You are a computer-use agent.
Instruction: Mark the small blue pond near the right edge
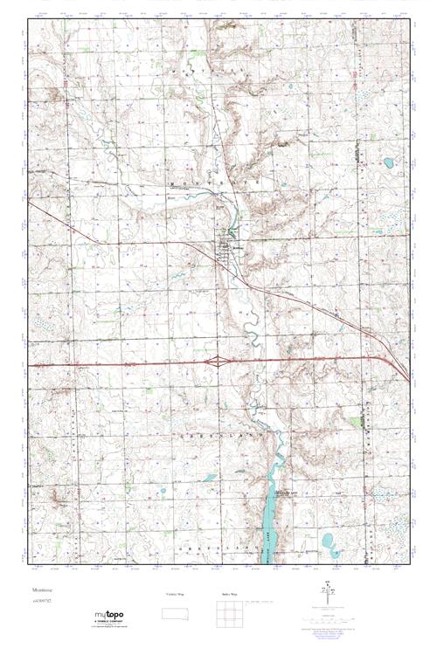point(387,162)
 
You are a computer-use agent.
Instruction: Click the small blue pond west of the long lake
point(209,478)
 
